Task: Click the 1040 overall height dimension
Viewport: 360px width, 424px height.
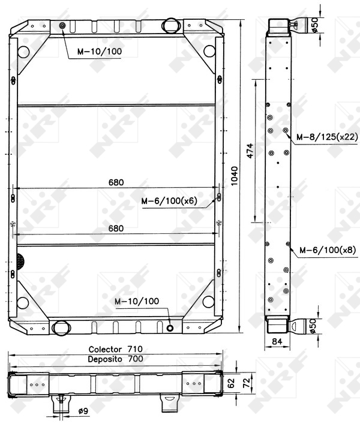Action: point(234,176)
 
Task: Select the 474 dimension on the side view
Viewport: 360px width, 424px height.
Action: point(250,151)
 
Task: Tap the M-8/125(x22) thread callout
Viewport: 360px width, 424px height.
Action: point(327,137)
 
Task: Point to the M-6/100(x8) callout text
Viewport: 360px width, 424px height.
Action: point(328,250)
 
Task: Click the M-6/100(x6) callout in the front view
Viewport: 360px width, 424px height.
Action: point(169,201)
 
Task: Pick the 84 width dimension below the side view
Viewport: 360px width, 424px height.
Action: point(277,341)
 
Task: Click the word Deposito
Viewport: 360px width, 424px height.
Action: point(105,359)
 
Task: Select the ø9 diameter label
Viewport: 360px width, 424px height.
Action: point(83,411)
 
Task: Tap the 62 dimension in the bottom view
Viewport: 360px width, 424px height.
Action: point(231,383)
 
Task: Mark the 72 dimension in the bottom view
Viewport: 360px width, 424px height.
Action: point(247,383)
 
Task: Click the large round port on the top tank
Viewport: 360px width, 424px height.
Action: point(171,25)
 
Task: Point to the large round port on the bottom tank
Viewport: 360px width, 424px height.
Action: point(61,328)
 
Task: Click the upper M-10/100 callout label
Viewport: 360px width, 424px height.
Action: point(100,52)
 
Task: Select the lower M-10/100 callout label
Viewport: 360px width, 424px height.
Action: point(137,301)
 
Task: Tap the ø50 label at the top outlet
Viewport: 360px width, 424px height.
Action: point(314,25)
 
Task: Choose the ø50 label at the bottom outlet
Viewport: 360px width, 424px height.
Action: point(313,326)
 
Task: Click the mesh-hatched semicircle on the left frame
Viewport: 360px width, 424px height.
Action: point(20,261)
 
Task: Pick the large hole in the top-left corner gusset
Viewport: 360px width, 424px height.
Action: point(23,52)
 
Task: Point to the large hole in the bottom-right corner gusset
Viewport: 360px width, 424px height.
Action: point(208,302)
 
